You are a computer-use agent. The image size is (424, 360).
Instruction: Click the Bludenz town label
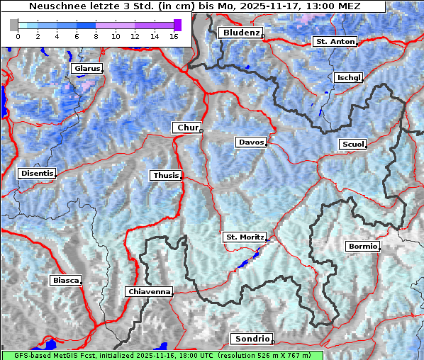coord(240,33)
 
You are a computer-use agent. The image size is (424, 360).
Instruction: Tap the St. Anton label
coord(334,42)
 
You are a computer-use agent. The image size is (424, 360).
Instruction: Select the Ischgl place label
coord(348,77)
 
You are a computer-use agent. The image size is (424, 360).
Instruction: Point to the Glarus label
coord(86,69)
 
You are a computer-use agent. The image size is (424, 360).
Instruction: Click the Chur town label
coord(187,128)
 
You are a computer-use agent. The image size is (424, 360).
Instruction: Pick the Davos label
coord(251,142)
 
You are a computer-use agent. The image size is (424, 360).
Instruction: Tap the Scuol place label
coord(352,145)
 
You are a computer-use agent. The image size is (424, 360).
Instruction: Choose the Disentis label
coord(37,173)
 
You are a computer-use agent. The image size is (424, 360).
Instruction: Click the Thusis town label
coord(165,175)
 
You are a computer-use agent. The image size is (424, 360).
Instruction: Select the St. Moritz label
coord(244,237)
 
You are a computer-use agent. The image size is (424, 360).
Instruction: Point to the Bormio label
coord(362,247)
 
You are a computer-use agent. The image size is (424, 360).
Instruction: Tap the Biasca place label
coord(65,280)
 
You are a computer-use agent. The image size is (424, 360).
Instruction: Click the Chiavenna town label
coord(149,291)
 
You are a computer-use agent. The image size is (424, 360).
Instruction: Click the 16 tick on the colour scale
coord(174,36)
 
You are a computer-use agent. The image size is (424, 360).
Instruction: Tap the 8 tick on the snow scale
coord(96,36)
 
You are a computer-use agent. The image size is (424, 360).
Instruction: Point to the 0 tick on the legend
coord(18,36)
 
